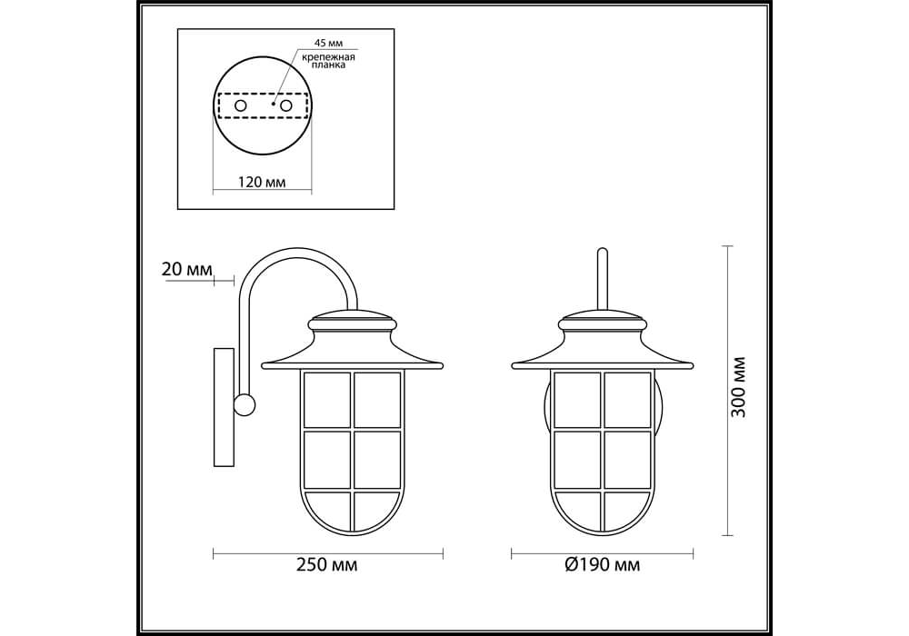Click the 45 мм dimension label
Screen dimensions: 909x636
click(x=328, y=44)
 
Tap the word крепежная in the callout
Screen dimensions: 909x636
click(x=328, y=57)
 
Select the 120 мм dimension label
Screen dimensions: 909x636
click(x=262, y=182)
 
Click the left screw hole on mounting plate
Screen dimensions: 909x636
click(x=240, y=105)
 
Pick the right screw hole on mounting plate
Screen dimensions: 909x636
click(x=285, y=105)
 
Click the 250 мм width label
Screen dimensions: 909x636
click(x=327, y=565)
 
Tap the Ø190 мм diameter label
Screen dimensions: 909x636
click(x=603, y=565)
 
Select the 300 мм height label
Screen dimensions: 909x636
click(x=738, y=387)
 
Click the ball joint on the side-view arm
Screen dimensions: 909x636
click(x=245, y=404)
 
